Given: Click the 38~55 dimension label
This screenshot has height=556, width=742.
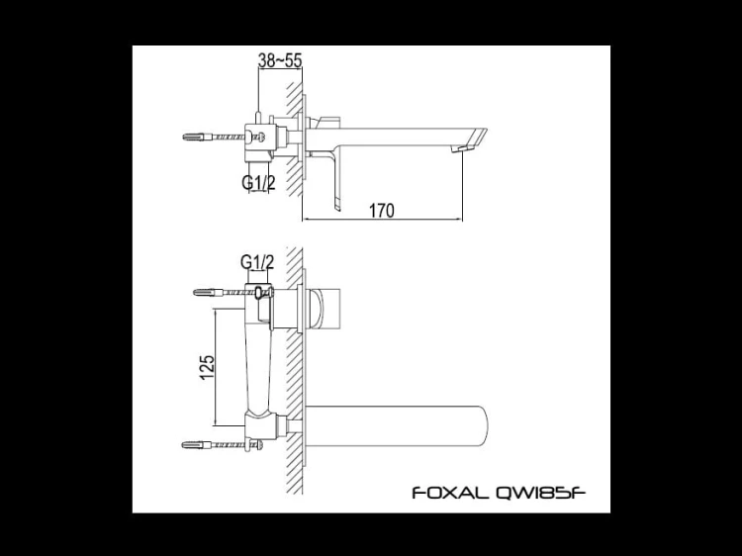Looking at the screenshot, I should [x=279, y=60].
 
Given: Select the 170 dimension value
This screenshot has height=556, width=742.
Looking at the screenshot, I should [x=382, y=210].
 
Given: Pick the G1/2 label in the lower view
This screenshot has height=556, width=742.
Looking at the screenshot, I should [x=256, y=261].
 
